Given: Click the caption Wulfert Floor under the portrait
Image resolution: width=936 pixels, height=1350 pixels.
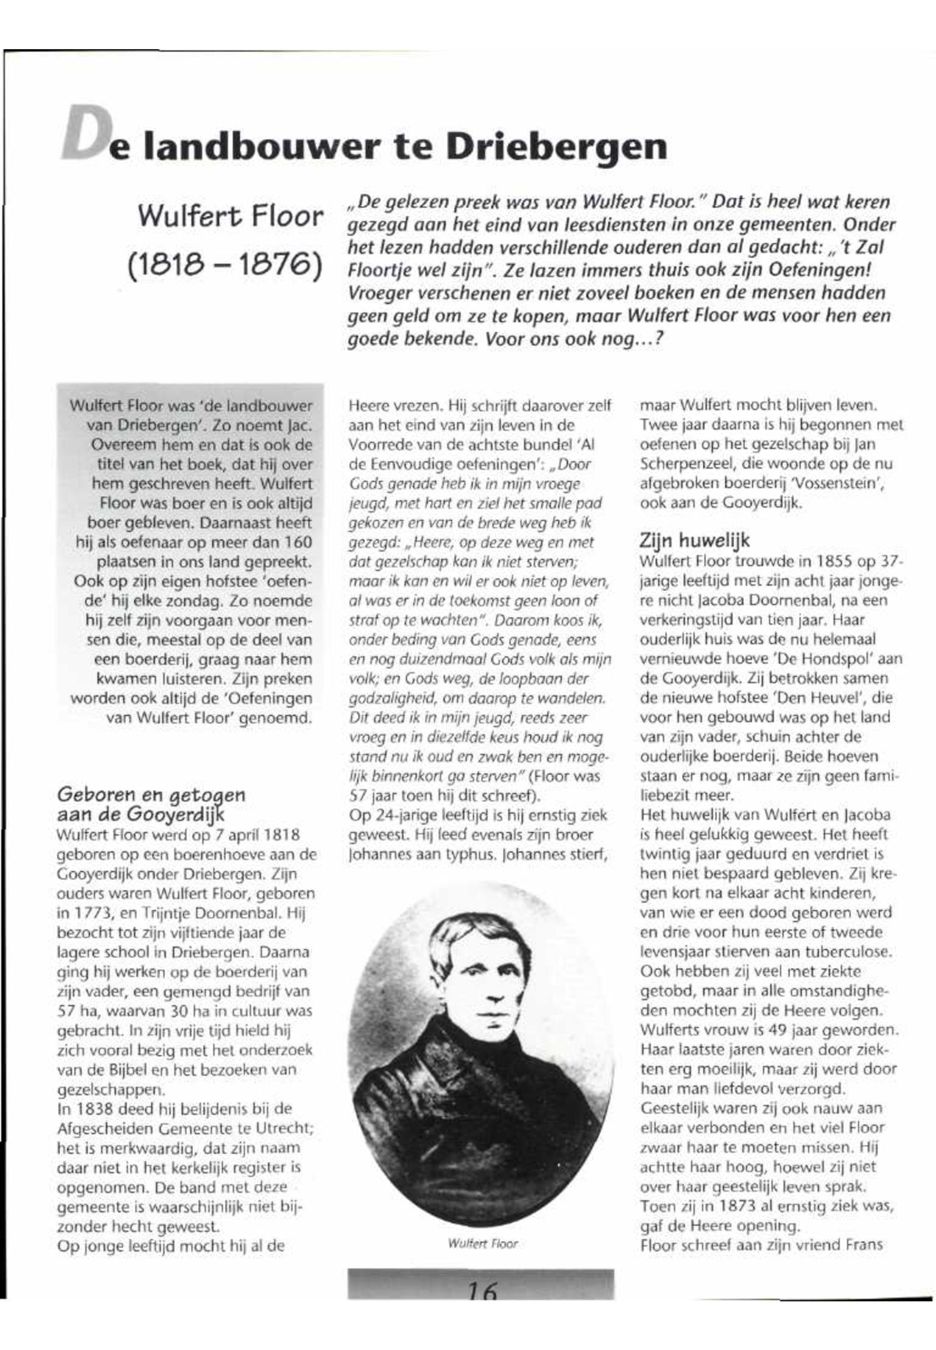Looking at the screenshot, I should (x=482, y=1243).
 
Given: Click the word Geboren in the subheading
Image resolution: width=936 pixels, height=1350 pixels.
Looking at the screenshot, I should (x=94, y=796).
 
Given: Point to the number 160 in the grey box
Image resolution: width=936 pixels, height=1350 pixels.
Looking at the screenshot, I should (x=297, y=543).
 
